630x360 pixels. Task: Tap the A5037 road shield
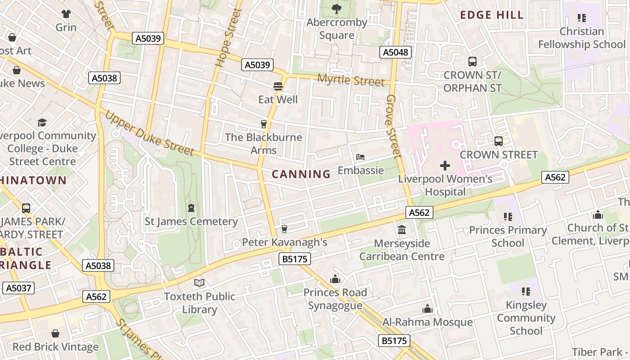[18, 288]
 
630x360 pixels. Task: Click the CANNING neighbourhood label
[301, 174]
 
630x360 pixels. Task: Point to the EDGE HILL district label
[492, 15]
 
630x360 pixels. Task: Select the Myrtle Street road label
[351, 81]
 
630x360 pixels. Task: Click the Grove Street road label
[393, 126]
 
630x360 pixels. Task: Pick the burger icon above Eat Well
[278, 86]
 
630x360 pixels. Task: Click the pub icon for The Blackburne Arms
[264, 124]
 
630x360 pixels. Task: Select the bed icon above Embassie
[360, 157]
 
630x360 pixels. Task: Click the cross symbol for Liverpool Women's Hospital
[445, 166]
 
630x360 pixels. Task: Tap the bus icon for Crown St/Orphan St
[472, 62]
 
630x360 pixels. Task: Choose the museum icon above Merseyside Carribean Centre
[402, 230]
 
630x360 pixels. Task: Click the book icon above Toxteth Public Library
[199, 283]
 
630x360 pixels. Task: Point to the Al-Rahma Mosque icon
[427, 309]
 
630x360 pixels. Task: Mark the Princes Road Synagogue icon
[335, 279]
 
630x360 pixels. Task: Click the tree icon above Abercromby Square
[336, 9]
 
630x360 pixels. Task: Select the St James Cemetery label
[191, 221]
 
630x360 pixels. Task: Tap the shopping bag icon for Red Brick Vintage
[55, 333]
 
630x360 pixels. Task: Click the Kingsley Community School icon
[526, 292]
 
